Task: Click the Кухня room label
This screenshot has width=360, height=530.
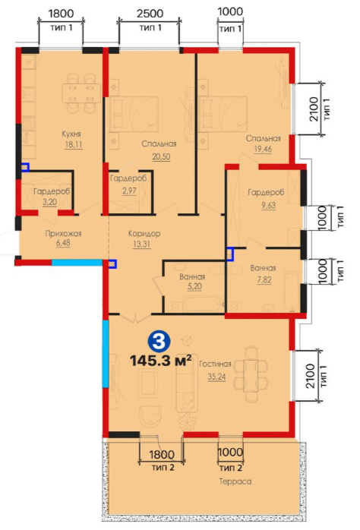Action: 71,134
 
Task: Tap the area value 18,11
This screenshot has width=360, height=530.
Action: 74,145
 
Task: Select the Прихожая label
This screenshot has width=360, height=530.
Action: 63,234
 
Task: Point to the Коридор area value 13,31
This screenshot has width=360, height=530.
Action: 141,244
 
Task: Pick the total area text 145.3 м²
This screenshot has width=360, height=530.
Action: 161,361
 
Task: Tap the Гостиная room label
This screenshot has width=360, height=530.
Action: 215,364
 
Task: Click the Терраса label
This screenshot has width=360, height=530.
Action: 235,481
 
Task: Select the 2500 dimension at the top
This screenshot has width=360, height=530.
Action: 150,14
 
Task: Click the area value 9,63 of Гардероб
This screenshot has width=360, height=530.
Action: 268,206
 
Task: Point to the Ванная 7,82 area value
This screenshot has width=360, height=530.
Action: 264,280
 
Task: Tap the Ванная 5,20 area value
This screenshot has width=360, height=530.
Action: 194,286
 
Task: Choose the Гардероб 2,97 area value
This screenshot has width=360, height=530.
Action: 129,191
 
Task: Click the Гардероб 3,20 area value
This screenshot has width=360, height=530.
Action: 49,202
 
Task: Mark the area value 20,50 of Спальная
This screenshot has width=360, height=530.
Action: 161,156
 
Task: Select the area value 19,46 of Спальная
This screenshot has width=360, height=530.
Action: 263,149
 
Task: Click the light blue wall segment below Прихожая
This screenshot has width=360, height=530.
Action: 77,262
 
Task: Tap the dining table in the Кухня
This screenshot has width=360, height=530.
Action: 81,93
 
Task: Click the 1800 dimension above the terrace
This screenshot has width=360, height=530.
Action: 162,454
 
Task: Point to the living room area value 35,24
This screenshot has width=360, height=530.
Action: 216,377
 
